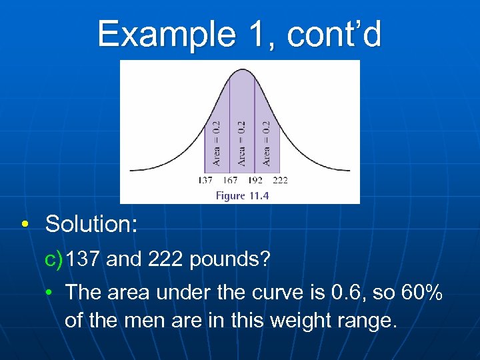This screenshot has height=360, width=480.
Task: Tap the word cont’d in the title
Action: click(x=335, y=34)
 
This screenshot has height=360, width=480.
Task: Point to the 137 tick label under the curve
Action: click(x=205, y=180)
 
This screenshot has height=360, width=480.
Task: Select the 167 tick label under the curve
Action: click(x=230, y=180)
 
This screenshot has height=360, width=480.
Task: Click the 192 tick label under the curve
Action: click(x=255, y=180)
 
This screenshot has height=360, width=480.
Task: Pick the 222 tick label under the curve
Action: click(x=280, y=180)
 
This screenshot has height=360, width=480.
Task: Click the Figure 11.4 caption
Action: click(x=241, y=195)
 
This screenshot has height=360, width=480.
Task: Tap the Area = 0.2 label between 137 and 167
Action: click(x=217, y=143)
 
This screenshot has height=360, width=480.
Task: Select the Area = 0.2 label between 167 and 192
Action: click(x=241, y=143)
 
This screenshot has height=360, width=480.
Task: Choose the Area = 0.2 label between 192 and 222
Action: click(x=267, y=143)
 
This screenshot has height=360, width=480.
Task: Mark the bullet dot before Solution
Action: click(x=24, y=225)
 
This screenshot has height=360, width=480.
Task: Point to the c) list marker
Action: click(x=55, y=259)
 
